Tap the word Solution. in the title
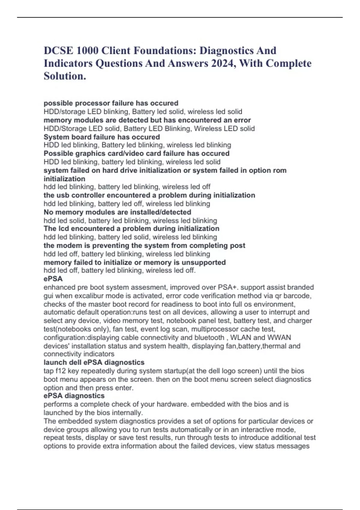tap(65, 76)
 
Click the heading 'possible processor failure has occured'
tap(111, 103)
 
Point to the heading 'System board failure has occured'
tap(102, 137)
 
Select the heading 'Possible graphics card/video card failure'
tap(136, 154)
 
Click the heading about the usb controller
tap(149, 195)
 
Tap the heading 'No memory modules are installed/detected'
tap(117, 212)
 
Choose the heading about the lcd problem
tap(131, 229)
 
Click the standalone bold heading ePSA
tap(53, 279)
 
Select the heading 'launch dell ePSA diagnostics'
tap(94, 362)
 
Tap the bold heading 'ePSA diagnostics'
tap(74, 396)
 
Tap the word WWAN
tap(279, 337)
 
